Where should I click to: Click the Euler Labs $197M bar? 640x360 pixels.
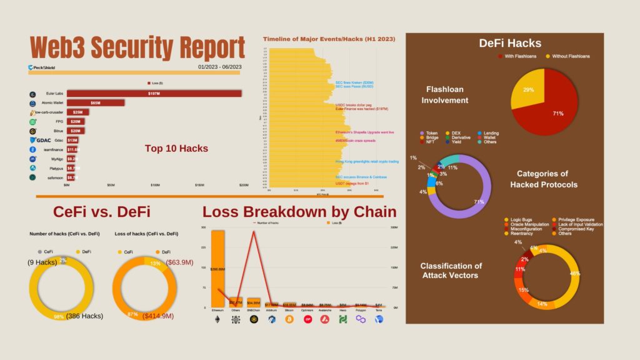[x=154, y=94]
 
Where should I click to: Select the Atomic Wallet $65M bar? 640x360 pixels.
[x=96, y=102]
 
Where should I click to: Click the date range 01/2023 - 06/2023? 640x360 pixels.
[x=219, y=67]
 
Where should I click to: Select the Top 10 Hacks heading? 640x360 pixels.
[x=176, y=149]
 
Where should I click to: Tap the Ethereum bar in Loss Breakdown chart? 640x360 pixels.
[x=217, y=269]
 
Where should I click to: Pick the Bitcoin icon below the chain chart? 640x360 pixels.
[x=289, y=319]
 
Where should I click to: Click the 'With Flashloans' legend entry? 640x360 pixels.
[x=519, y=56]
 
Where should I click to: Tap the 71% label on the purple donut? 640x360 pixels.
[x=479, y=202]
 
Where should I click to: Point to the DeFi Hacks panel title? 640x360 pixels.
[x=510, y=43]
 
